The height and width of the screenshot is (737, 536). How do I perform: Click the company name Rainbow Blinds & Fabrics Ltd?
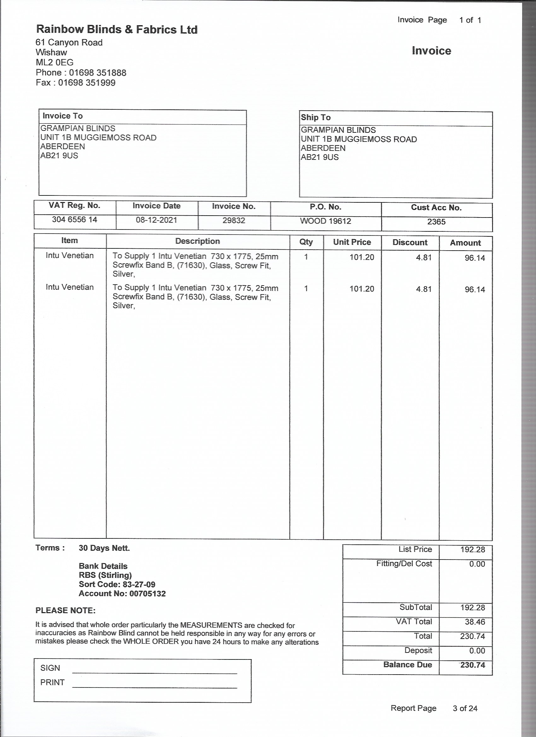click(117, 30)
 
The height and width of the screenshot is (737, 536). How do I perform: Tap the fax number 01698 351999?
click(86, 83)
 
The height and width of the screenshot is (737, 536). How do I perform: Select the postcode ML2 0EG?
click(55, 62)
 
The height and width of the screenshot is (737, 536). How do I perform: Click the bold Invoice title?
click(431, 51)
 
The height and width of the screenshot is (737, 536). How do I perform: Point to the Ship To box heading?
click(316, 118)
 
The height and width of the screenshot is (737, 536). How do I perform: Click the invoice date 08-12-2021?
click(156, 220)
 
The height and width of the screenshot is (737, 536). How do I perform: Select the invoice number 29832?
click(234, 221)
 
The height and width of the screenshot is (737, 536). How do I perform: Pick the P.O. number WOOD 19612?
click(325, 221)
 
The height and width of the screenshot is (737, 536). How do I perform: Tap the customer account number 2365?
click(436, 222)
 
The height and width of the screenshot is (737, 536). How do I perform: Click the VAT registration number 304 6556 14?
click(74, 220)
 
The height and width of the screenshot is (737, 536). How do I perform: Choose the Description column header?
click(198, 241)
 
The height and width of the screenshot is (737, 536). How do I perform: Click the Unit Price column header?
click(352, 242)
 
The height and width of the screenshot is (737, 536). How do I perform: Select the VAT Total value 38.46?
click(475, 622)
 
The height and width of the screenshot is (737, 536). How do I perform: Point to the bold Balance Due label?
click(408, 664)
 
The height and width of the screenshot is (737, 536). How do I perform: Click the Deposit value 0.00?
click(477, 651)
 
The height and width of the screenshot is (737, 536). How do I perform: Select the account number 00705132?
click(148, 594)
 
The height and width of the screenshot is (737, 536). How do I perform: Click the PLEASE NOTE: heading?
click(65, 611)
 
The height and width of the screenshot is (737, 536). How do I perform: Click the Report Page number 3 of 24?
click(465, 708)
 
